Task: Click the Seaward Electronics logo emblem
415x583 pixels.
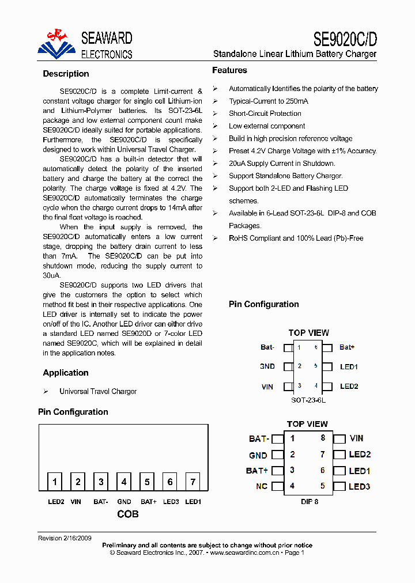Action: point(56,43)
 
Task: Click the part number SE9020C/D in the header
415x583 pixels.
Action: point(345,39)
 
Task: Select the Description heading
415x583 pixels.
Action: point(66,74)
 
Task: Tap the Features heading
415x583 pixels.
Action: point(229,70)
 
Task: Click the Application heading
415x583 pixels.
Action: point(66,373)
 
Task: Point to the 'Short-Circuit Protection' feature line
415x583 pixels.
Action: point(265,113)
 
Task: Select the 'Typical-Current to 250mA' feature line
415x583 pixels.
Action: point(269,101)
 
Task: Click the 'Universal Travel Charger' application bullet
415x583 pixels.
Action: point(98,391)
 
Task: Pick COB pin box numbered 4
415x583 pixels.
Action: point(124,482)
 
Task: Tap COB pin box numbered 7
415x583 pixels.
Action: point(193,482)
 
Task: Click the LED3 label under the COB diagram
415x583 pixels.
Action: point(171,502)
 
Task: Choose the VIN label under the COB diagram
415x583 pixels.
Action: point(76,502)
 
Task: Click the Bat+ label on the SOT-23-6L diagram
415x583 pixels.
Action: point(347,347)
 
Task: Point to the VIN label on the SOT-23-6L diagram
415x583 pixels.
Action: point(267,387)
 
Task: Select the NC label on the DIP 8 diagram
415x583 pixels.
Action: point(262,486)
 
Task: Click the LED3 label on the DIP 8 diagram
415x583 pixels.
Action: point(359,486)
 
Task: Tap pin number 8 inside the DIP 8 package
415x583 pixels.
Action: point(323,438)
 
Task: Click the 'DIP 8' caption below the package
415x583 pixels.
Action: point(310,502)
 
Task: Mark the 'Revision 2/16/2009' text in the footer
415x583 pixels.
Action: point(65,538)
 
